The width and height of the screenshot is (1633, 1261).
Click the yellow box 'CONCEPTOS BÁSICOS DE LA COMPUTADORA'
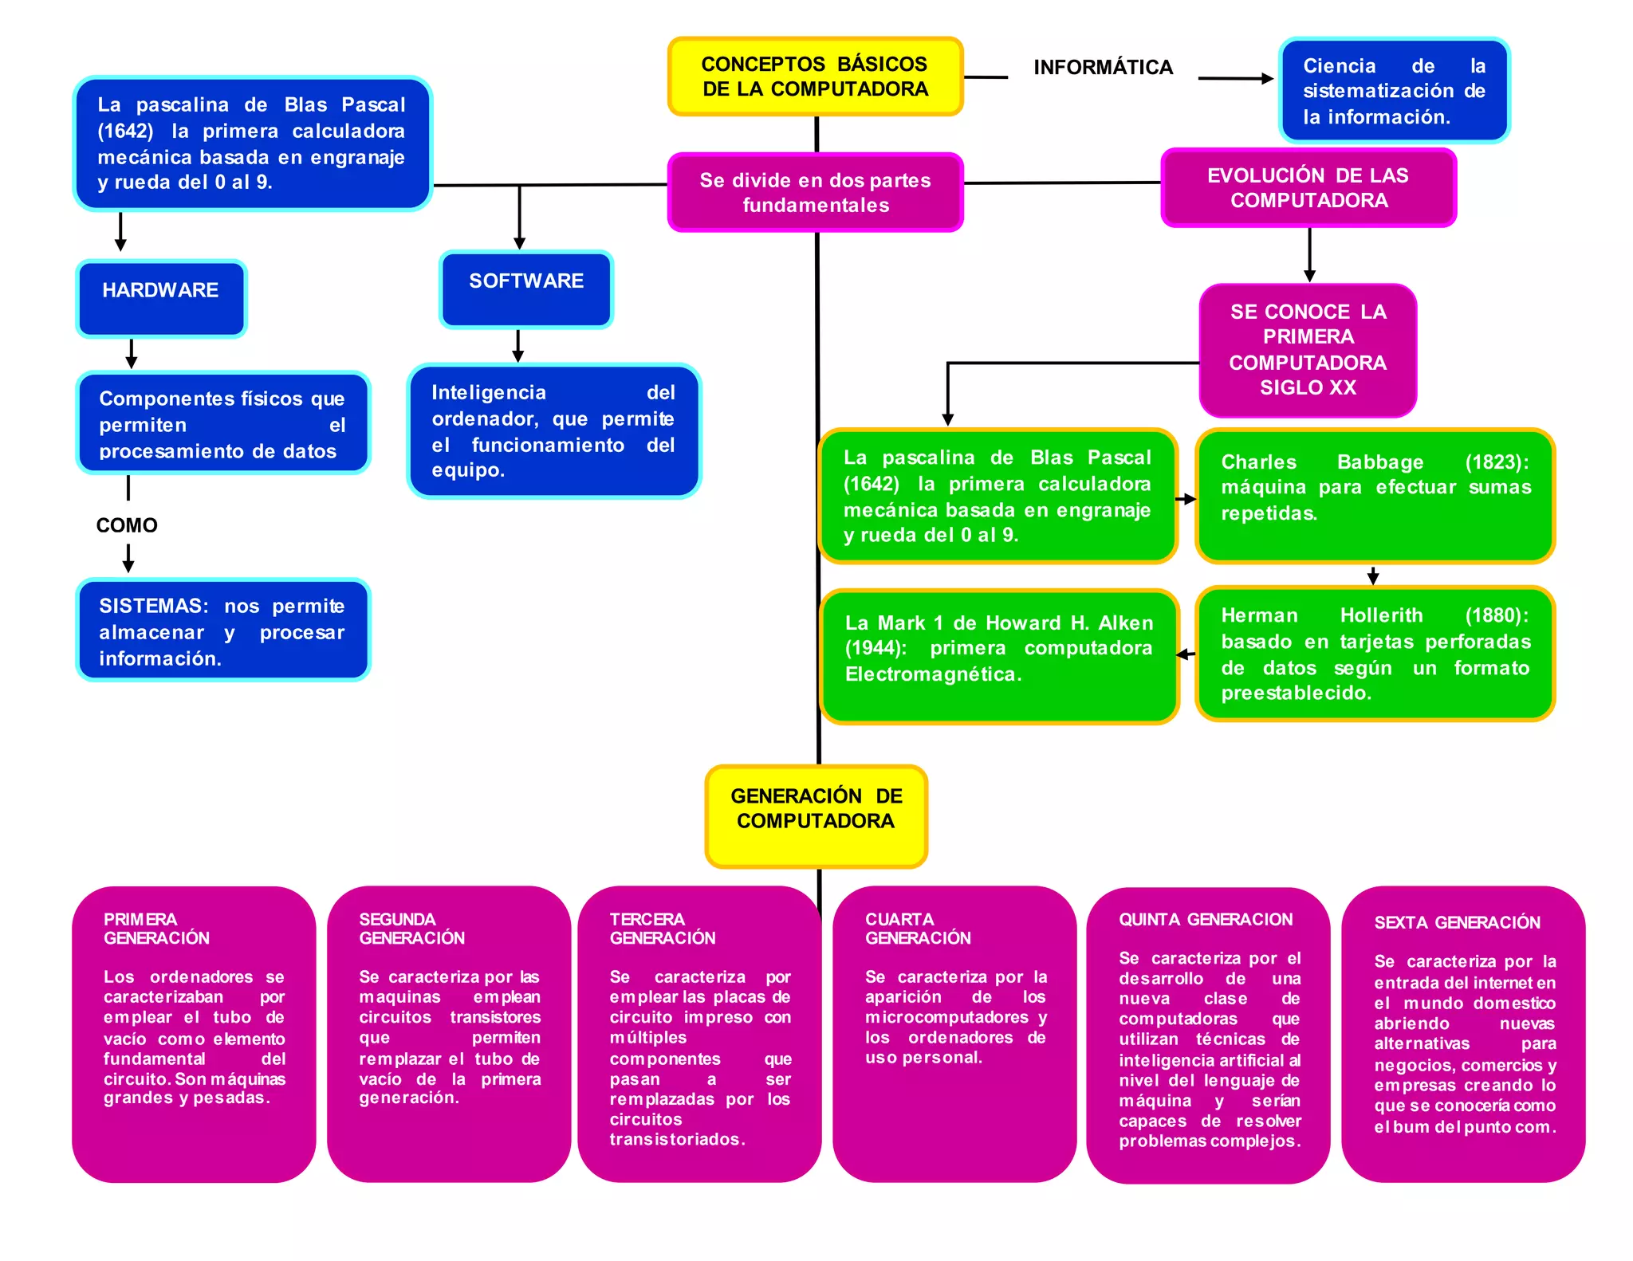tap(815, 77)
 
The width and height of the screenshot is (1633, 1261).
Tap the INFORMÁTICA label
tap(1103, 68)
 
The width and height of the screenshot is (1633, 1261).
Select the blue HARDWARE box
tap(161, 298)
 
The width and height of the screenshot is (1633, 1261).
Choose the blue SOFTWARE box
tap(526, 289)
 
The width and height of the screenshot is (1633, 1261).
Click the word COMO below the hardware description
tap(127, 525)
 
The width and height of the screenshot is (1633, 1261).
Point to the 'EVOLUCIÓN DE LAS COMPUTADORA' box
tap(1308, 188)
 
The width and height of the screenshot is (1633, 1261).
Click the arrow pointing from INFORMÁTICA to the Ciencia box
tap(1235, 78)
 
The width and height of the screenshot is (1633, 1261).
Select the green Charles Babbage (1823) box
tap(1375, 496)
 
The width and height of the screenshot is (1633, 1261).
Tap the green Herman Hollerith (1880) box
tap(1375, 654)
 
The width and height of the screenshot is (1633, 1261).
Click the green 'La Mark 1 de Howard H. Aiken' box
tap(998, 655)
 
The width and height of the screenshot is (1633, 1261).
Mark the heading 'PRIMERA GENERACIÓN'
tap(156, 929)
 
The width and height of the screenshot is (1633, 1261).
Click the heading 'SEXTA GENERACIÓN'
tap(1457, 923)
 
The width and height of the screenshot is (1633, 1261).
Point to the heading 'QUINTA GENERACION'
tap(1205, 920)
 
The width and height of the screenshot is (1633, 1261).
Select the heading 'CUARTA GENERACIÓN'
tap(918, 929)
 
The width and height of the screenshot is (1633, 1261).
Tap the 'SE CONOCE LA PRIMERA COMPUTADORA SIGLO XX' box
tap(1308, 350)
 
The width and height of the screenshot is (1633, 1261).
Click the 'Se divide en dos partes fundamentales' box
tap(815, 193)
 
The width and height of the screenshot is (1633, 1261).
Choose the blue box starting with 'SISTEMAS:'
tap(222, 630)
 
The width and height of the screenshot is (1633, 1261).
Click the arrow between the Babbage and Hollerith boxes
tap(1372, 575)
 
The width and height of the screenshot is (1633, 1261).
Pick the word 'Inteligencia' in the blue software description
tap(488, 392)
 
